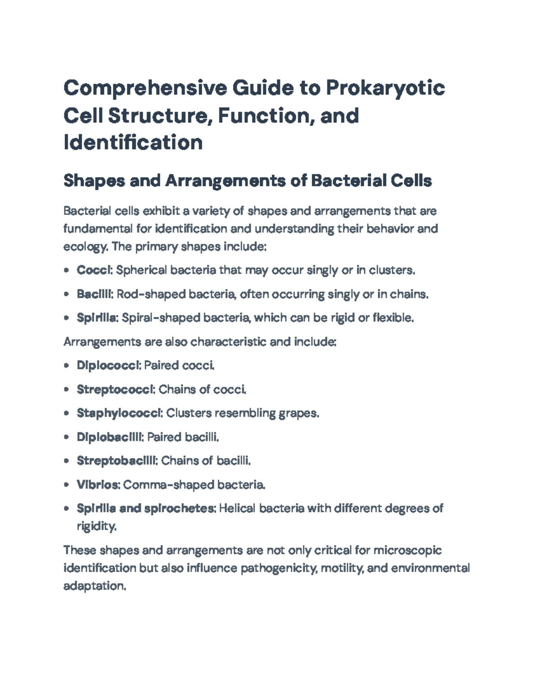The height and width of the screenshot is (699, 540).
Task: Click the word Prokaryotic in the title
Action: [x=385, y=88]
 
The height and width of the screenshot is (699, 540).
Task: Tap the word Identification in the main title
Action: [x=133, y=143]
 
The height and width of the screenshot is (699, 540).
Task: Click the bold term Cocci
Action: [x=94, y=270]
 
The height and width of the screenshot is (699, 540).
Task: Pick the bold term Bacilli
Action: [x=94, y=294]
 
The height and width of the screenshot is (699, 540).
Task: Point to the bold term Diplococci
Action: [x=108, y=365]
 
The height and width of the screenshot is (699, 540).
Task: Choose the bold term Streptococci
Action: [x=115, y=389]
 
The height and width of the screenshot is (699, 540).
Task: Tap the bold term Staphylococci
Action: [x=119, y=413]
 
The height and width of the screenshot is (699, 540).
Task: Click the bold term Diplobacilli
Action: [x=109, y=437]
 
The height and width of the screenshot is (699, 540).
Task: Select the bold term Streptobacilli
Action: [x=116, y=460]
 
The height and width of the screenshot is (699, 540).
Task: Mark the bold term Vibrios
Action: [x=97, y=485]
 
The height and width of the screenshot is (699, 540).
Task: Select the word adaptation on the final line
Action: [x=94, y=586]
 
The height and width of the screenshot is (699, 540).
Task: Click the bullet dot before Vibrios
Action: [x=67, y=485]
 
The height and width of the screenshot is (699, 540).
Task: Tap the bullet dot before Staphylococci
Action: [x=67, y=413]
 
